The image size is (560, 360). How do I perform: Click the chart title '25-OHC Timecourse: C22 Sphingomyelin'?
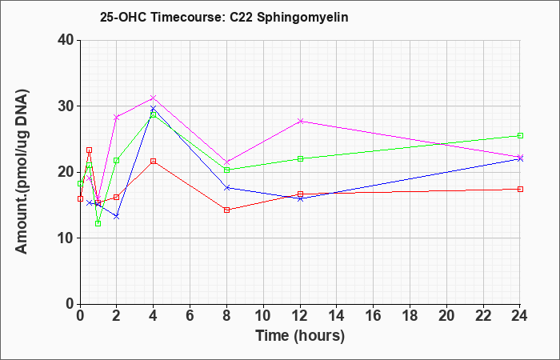click(224, 17)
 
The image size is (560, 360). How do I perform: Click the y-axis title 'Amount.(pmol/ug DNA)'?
click(22, 172)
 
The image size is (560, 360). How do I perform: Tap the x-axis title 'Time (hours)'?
click(300, 336)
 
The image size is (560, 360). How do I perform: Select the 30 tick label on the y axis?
click(66, 106)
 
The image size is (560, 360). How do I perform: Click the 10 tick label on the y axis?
click(66, 238)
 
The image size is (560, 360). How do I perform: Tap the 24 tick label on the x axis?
click(519, 315)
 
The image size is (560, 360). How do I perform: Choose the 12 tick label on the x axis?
click(300, 315)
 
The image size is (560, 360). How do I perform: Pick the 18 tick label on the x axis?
click(410, 315)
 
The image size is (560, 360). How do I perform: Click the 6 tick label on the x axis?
click(190, 315)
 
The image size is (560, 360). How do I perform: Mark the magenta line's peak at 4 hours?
click(154, 98)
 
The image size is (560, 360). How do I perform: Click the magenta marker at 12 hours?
click(300, 121)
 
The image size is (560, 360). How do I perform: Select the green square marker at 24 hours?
click(520, 136)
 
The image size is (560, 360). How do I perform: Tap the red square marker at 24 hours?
click(520, 190)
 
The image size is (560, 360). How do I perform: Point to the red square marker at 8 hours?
click(226, 210)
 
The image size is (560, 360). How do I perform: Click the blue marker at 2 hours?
click(117, 217)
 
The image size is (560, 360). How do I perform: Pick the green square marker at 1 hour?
click(98, 223)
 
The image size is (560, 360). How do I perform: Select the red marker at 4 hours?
click(154, 161)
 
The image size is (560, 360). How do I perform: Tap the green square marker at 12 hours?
click(300, 158)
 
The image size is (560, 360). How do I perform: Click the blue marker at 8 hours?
click(226, 187)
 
